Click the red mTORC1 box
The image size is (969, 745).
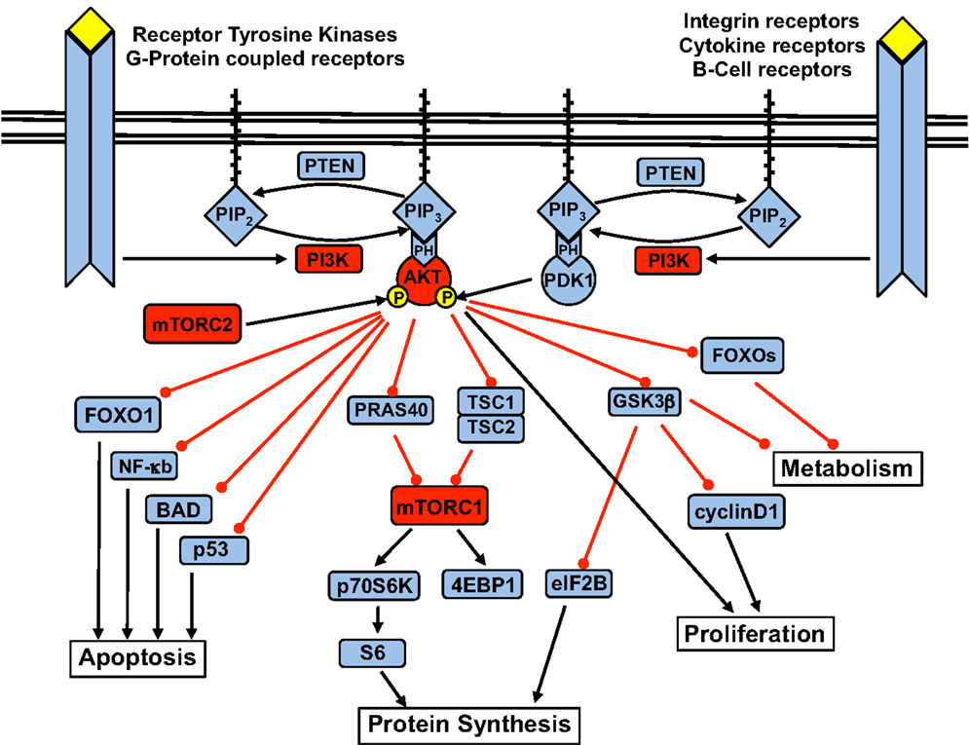coord(439,506)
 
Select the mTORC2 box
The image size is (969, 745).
coord(192,323)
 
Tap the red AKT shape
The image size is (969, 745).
coord(424,279)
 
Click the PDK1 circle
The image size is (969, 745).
coord(569,279)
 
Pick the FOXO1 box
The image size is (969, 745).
coord(118,415)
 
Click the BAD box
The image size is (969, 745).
coord(178,509)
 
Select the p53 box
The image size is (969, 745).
coord(214,550)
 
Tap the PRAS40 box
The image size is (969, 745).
coord(391,410)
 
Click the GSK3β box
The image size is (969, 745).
coord(644,401)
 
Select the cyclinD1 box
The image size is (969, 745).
coord(736,511)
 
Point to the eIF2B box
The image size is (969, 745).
coord(579,583)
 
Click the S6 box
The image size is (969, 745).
coord(373,652)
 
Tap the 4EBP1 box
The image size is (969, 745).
coord(483,584)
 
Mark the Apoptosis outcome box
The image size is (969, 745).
coord(137,657)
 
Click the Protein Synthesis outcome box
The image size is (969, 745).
coord(469,724)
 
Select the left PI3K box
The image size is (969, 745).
coord(328,259)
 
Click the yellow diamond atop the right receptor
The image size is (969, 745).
coord(902,40)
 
